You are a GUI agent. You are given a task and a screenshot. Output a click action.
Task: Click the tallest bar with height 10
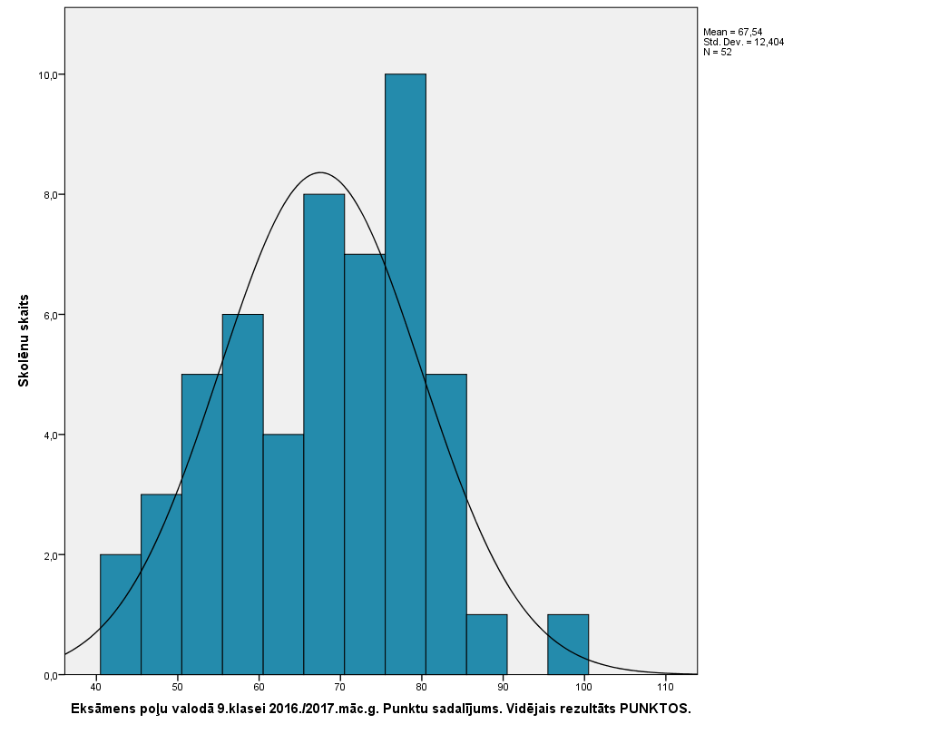(x=406, y=374)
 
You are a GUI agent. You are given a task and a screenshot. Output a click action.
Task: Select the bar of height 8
(x=324, y=434)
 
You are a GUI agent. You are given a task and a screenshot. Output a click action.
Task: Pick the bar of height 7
(x=365, y=464)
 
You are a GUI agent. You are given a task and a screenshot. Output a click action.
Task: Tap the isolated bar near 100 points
(x=568, y=644)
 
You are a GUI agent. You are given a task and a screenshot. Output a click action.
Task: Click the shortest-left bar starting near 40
(x=121, y=614)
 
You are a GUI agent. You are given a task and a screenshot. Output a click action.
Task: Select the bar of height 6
(x=242, y=494)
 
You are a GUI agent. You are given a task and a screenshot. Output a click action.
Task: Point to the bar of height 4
(x=283, y=554)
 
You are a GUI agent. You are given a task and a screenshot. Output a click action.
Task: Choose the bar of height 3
(x=162, y=584)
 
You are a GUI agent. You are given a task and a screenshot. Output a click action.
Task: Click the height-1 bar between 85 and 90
(x=486, y=644)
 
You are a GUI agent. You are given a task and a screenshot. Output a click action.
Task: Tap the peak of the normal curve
(x=320, y=172)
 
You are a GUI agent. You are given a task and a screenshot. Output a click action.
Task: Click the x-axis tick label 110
(x=666, y=687)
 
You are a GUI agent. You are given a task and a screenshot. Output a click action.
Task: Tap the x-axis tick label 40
(x=96, y=687)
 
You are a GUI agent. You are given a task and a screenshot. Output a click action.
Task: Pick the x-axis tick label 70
(x=340, y=687)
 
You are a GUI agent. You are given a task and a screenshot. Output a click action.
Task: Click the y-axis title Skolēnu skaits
(x=24, y=340)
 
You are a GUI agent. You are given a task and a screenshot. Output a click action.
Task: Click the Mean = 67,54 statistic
(x=732, y=32)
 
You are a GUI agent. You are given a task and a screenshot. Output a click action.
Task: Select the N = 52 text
(x=717, y=52)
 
